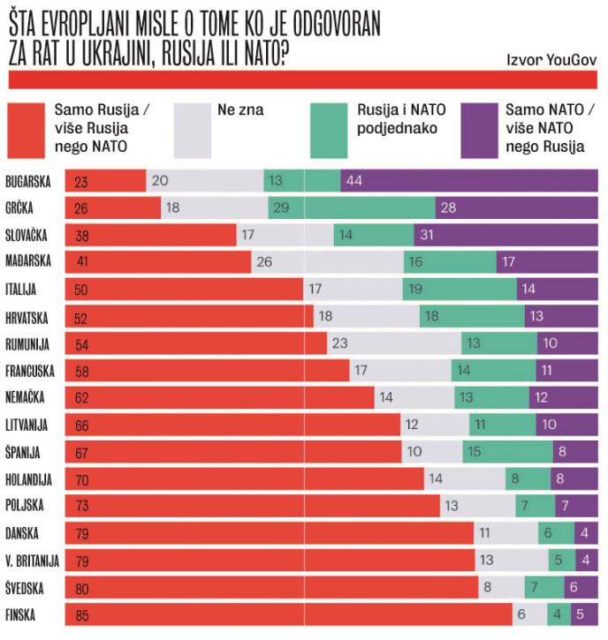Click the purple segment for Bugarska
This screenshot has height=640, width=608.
pos(468,181)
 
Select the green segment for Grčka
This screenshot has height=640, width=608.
pos(352,207)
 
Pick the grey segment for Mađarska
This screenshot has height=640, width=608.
pos(328,261)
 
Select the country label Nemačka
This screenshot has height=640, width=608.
pos(29,397)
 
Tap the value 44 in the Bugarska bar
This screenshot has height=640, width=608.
pos(355,181)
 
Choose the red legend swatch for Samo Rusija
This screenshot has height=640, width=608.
pos(27,125)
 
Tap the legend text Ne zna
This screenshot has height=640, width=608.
pos(240,110)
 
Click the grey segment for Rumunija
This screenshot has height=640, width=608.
pos(394,343)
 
